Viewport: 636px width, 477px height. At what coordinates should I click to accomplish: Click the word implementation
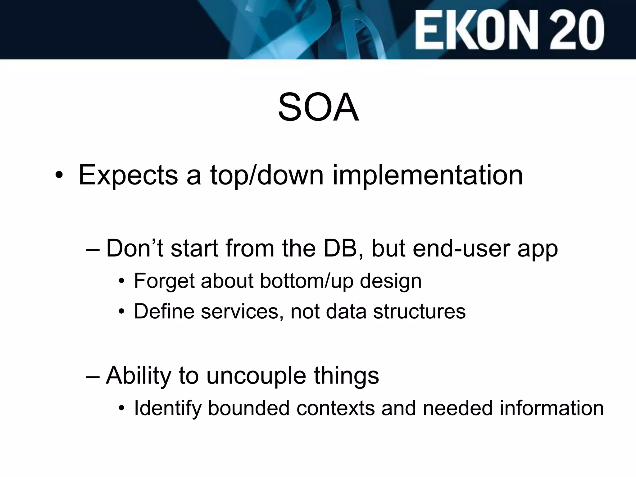coord(428,175)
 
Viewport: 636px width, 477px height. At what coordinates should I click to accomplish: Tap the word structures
coord(419,311)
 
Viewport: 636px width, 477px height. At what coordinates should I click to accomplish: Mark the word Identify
coord(168,408)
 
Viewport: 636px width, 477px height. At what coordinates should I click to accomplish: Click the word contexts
coord(335,408)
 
